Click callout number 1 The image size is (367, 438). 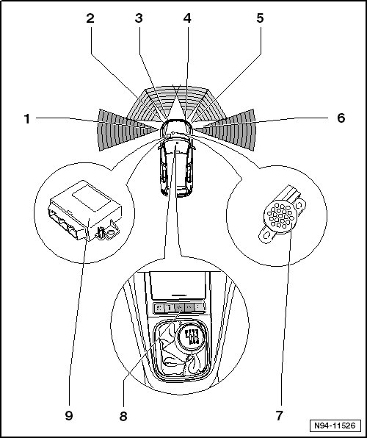point(27,119)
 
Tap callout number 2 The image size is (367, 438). point(90,18)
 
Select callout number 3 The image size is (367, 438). point(139,18)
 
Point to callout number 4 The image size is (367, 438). point(187,18)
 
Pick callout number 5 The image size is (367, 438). point(260,18)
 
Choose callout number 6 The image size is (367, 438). point(341,118)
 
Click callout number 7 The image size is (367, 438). point(279,416)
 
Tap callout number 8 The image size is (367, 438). point(123,416)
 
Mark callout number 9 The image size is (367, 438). point(69,416)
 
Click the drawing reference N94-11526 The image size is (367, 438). point(335,426)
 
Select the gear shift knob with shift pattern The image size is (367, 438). point(192,336)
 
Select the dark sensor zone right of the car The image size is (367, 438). point(225,130)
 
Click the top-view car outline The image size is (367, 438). point(176,158)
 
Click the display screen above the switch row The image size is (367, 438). point(178,285)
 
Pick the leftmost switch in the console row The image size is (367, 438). point(159,307)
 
